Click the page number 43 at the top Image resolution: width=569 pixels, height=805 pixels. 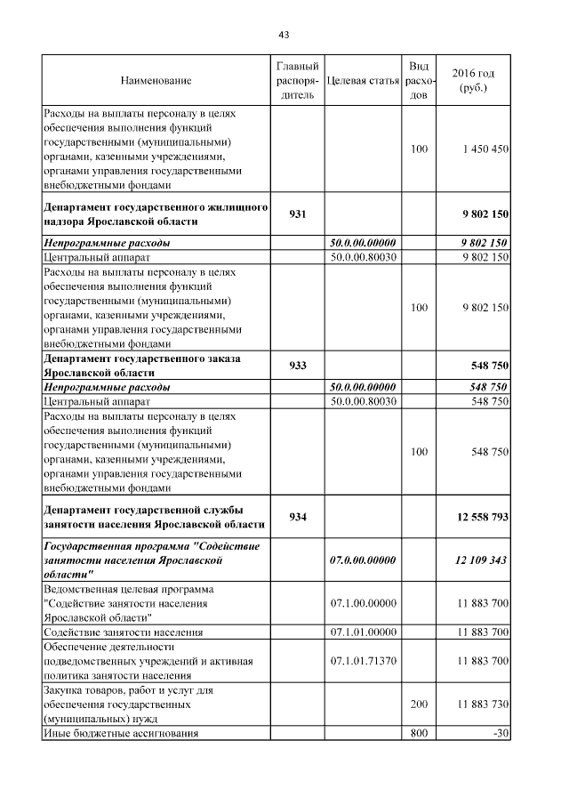284,35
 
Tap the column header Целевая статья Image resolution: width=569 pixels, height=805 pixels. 362,81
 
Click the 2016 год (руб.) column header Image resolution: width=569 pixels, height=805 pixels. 473,81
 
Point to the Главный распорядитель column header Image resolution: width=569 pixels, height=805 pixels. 297,81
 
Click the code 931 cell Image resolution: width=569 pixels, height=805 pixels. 297,214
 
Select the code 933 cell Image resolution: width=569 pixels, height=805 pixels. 297,366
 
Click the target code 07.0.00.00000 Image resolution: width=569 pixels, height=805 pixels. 362,561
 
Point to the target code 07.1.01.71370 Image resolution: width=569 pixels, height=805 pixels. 362,662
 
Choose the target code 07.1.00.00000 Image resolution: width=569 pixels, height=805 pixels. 362,604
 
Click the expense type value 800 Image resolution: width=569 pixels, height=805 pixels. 419,733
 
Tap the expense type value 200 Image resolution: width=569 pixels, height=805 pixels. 419,704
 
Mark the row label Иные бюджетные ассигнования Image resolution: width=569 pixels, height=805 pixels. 120,733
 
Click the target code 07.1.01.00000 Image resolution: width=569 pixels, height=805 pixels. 362,632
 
